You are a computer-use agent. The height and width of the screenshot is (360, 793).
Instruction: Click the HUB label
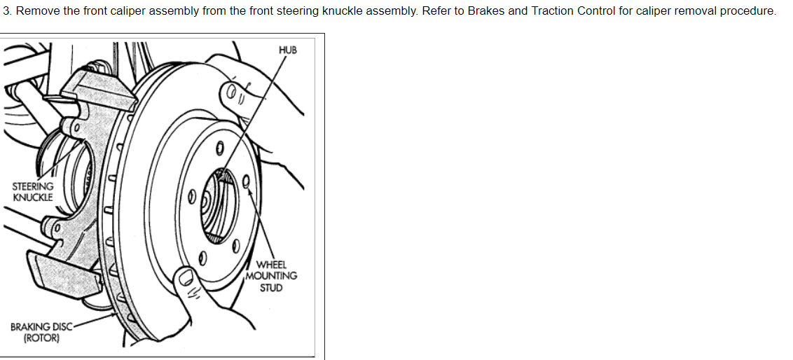tap(287, 50)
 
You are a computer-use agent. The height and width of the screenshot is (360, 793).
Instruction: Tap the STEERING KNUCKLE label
tap(33, 191)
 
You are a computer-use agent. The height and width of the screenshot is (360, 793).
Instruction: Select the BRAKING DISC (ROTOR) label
tap(41, 332)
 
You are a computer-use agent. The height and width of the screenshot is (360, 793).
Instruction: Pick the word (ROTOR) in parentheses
tap(41, 338)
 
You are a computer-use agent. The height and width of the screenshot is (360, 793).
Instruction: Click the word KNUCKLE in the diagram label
tap(33, 197)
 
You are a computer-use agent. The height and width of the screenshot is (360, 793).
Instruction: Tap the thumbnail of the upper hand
tap(231, 91)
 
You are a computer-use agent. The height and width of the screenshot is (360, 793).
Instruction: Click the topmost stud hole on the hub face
tap(219, 148)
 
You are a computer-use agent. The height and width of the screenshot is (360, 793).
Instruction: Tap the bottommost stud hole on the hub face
tap(202, 256)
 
